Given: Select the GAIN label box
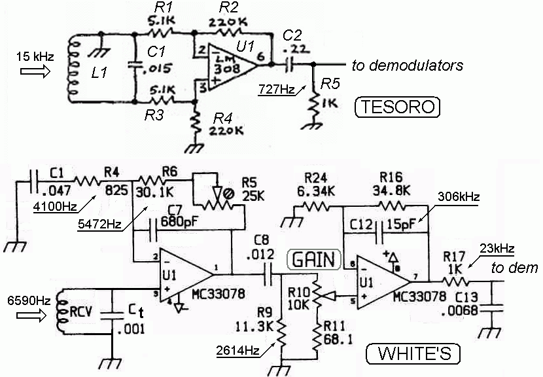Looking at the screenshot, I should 311,259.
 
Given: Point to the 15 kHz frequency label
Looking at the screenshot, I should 31,57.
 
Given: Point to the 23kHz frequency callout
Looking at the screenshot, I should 495,249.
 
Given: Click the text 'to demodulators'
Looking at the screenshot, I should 407,65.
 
